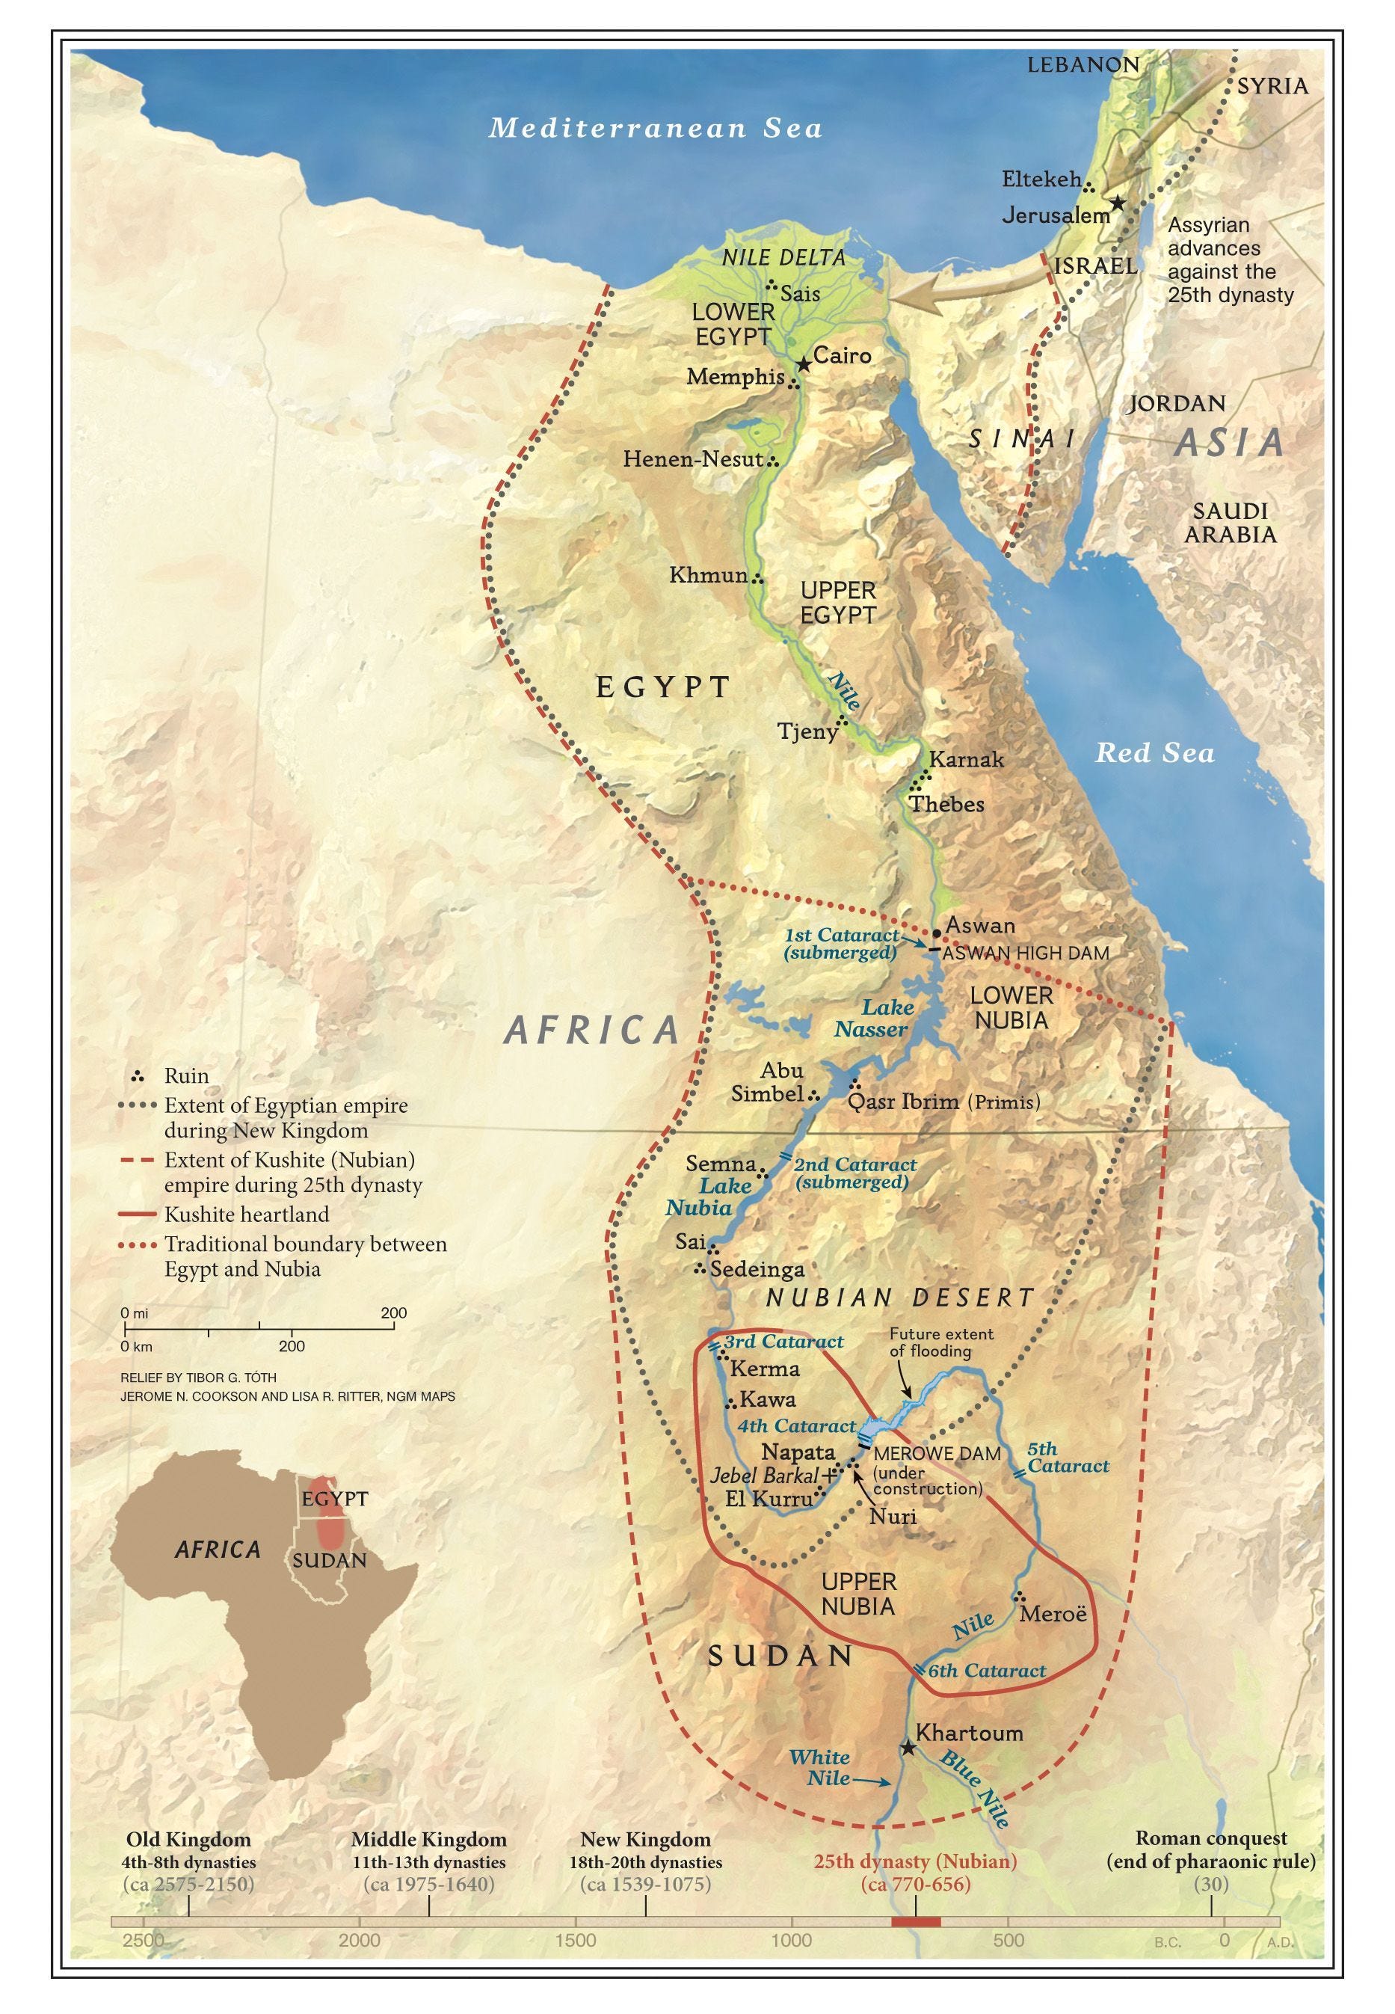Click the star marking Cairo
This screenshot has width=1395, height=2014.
tap(803, 364)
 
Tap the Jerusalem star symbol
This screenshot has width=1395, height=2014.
tap(1117, 203)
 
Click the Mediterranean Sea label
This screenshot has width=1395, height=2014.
tap(656, 129)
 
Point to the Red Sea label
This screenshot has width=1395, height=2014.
tap(1154, 752)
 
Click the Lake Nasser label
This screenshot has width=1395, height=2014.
tap(872, 1019)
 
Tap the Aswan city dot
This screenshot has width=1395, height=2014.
tap(937, 933)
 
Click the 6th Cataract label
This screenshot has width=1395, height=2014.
tap(986, 1671)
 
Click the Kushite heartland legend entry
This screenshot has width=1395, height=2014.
tap(247, 1215)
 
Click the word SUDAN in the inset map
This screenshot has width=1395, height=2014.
tap(330, 1560)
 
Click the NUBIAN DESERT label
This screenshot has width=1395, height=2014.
tap(900, 1298)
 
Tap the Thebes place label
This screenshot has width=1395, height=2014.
tap(946, 803)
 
